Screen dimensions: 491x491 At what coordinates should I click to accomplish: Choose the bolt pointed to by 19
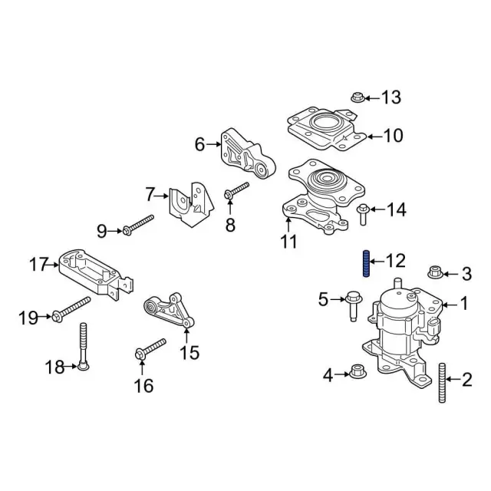69,311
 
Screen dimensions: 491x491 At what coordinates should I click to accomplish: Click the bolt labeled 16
151,348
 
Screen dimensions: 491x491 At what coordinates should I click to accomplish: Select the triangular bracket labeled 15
170,311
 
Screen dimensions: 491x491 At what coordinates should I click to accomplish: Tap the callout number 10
392,137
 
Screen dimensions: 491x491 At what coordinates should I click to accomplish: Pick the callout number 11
287,242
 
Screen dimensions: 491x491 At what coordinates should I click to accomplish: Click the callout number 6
200,143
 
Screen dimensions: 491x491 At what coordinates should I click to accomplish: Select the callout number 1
463,305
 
